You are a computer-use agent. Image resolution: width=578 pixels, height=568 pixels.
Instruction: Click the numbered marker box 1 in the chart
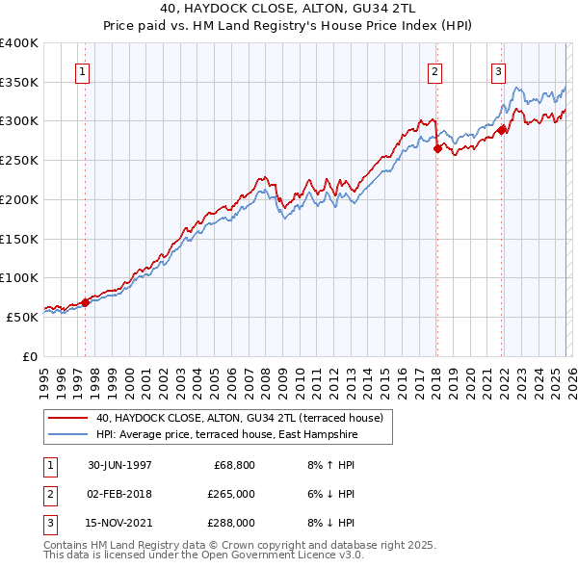coord(82,71)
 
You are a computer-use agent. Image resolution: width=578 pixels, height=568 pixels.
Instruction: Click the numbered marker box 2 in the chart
coord(435,71)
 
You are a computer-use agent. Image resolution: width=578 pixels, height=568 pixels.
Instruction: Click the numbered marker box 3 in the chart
coord(499,71)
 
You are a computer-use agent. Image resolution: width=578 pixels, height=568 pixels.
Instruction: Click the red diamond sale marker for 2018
coord(436,148)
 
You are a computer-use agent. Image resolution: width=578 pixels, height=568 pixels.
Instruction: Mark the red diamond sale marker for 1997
coord(85,302)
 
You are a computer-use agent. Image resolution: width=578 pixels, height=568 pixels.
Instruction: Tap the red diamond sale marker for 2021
coord(502,130)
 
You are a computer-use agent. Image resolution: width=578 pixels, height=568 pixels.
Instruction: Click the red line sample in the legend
coord(68,419)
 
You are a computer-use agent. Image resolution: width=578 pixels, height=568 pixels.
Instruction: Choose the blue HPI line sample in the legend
coord(68,435)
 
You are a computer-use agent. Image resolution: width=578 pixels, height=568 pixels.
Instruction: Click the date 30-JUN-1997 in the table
coord(119,465)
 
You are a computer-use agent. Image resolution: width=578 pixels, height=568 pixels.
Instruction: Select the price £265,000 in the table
coord(232,494)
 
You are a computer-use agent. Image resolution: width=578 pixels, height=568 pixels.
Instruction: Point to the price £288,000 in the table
coord(232,523)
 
